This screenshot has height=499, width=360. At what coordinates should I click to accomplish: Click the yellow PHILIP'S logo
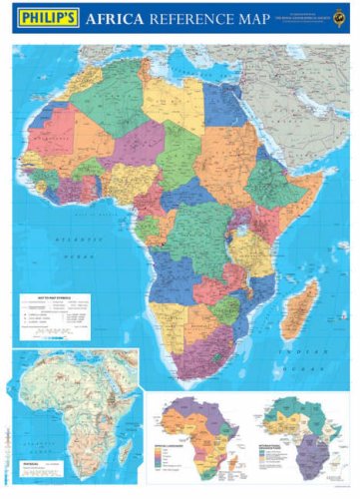[x=45, y=20]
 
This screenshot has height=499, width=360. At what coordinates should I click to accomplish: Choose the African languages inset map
[x=189, y=434]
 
